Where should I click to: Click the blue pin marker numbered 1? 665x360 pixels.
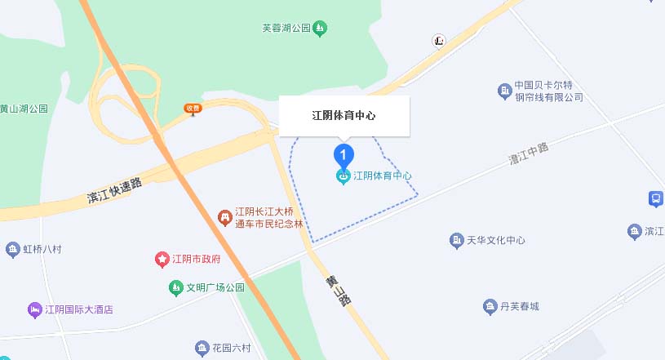[x=344, y=153]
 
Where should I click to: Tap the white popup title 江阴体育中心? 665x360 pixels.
[x=344, y=116]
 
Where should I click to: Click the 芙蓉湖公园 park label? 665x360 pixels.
[x=286, y=29]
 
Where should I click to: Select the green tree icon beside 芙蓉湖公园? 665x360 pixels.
[x=321, y=29]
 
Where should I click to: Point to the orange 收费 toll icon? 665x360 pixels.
[x=193, y=108]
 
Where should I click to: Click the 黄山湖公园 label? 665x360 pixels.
[x=24, y=109]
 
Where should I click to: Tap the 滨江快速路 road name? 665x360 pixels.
[x=114, y=191]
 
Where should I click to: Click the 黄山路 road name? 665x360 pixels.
[x=338, y=291]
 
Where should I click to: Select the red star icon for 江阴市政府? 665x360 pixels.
[x=162, y=260]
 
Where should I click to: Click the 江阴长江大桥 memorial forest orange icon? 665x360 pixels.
[x=224, y=216]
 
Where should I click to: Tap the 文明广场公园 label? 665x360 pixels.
[x=215, y=287]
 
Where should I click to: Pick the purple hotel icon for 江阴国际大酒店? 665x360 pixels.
[x=33, y=310]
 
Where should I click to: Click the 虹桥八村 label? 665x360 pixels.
[x=42, y=249]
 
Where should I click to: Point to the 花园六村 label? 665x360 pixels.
[x=233, y=349]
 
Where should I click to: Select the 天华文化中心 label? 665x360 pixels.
[x=495, y=240]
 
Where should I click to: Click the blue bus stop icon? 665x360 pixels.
[x=654, y=198]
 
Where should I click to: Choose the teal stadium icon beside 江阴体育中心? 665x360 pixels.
[x=344, y=176]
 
